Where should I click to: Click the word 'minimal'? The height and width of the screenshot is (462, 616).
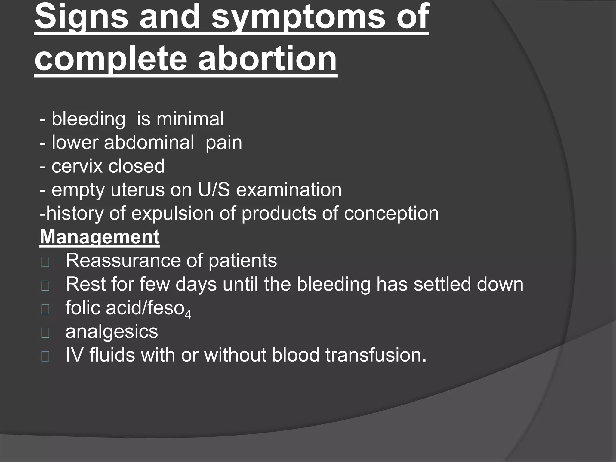click(x=190, y=119)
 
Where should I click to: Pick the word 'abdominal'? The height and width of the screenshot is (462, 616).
click(x=149, y=143)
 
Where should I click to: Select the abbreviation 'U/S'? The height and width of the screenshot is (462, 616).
click(x=214, y=190)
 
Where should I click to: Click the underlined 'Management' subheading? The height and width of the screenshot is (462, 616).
click(x=100, y=237)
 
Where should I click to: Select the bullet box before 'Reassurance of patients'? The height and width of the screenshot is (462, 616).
click(x=45, y=262)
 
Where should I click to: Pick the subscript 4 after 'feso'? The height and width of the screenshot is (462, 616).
click(x=188, y=315)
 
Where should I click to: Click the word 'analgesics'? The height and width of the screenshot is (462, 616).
click(x=112, y=331)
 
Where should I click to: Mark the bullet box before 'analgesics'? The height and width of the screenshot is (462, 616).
click(x=45, y=333)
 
